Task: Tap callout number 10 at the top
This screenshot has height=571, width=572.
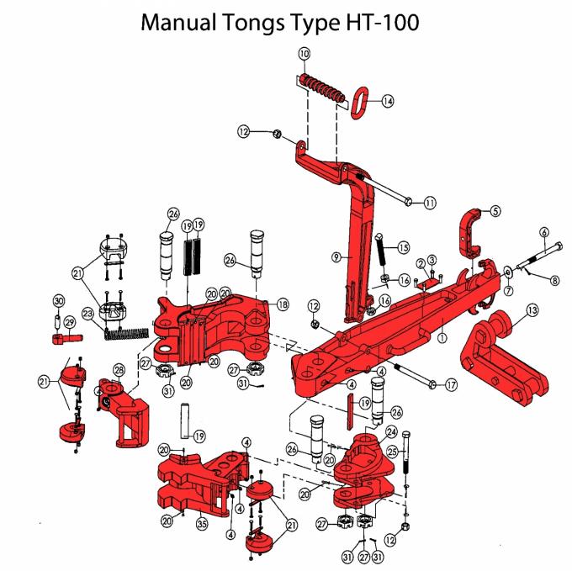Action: point(304,54)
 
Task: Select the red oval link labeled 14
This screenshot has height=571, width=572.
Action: point(364,99)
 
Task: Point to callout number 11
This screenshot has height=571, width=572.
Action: point(431,203)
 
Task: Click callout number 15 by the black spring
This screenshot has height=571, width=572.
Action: point(403,247)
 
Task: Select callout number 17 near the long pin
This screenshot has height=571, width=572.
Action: point(452,386)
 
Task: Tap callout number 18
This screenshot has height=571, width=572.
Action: point(282,304)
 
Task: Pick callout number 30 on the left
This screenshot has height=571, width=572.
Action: point(58,301)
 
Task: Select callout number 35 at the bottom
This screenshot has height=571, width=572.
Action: point(202,522)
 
